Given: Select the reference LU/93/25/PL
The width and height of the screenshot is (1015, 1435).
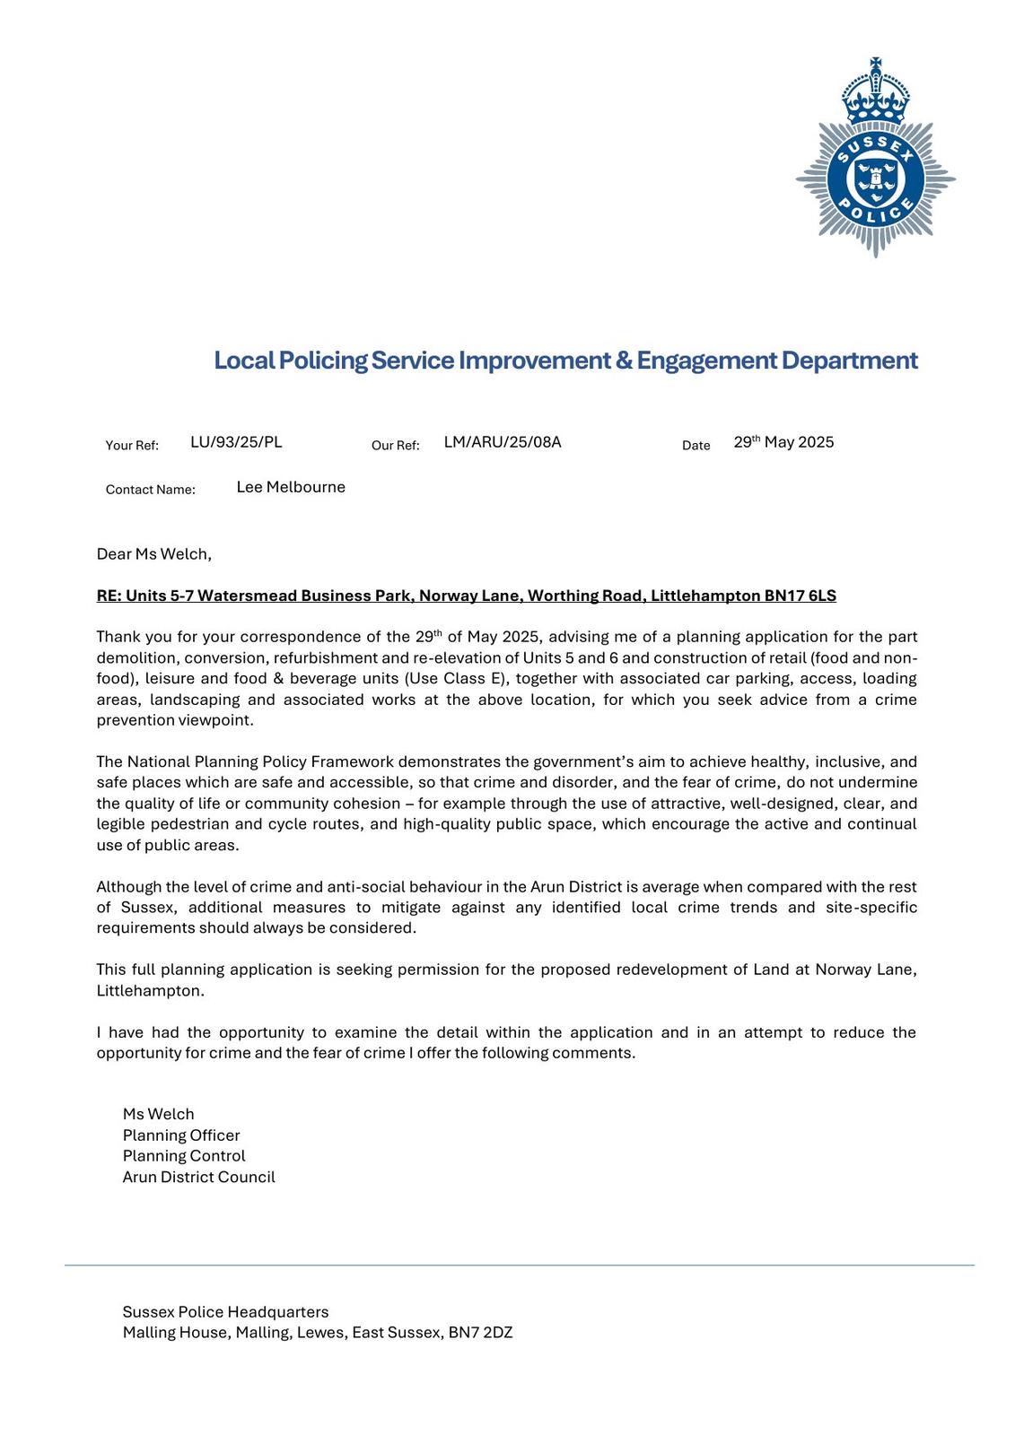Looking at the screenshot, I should [x=236, y=442].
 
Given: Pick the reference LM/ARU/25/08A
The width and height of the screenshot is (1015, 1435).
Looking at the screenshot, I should [x=502, y=442].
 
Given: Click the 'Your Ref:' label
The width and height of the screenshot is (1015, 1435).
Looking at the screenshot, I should [x=132, y=446].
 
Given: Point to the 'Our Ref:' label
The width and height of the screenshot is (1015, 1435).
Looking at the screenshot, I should [x=395, y=446].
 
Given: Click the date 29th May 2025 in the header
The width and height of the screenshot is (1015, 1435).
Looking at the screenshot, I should [x=783, y=442].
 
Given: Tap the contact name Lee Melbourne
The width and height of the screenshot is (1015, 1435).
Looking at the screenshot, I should [x=291, y=487].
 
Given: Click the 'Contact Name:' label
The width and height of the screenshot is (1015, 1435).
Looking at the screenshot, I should [x=150, y=490].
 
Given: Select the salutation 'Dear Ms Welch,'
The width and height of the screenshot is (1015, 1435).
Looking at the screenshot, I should [x=153, y=554].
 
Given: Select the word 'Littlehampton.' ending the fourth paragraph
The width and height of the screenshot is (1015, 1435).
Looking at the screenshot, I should [x=150, y=991].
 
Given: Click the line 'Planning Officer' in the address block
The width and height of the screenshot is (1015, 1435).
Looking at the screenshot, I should [x=181, y=1135].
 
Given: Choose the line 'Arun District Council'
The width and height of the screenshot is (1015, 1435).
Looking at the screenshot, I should [x=198, y=1178].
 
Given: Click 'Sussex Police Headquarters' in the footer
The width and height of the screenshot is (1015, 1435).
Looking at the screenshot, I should [x=225, y=1312].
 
